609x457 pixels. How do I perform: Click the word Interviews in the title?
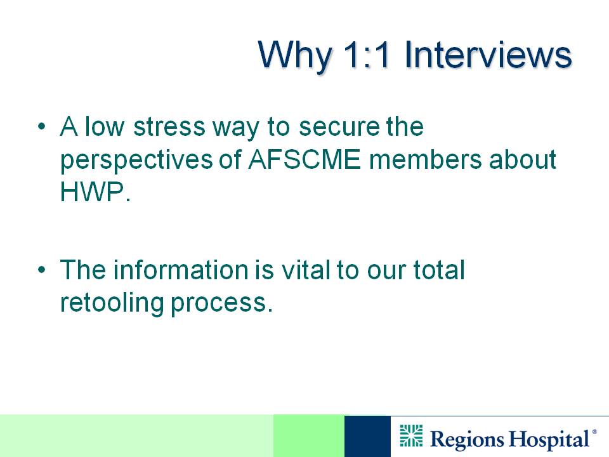488,55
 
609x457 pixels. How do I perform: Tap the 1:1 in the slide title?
366,55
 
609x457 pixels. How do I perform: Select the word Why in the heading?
295,56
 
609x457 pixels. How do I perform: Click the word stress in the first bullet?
169,127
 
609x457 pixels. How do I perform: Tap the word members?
425,159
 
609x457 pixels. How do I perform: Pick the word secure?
339,128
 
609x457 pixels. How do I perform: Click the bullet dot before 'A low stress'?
42,126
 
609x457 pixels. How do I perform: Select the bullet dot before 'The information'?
42,269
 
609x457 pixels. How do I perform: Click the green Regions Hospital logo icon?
411,435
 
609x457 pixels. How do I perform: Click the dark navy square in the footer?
367,436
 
